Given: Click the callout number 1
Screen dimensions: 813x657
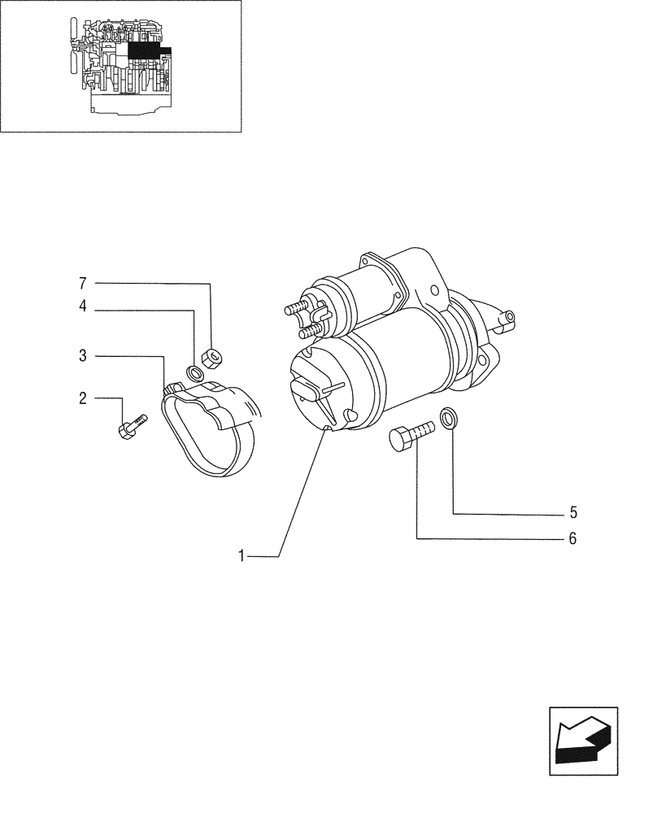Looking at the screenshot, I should pyautogui.click(x=241, y=556).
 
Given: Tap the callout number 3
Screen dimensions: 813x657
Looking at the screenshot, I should pyautogui.click(x=83, y=356).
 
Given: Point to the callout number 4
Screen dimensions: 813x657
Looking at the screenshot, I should pyautogui.click(x=83, y=308).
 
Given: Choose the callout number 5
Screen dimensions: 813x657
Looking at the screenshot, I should pyautogui.click(x=572, y=513).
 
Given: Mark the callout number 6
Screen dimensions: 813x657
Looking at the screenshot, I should pyautogui.click(x=572, y=538).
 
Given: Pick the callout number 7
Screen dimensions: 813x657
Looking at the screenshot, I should pyautogui.click(x=83, y=284).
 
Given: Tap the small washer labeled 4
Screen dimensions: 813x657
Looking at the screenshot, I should pyautogui.click(x=195, y=374).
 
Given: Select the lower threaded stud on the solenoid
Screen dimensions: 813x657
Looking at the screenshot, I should pyautogui.click(x=309, y=332).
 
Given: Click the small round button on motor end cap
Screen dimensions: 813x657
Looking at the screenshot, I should pyautogui.click(x=350, y=415).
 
